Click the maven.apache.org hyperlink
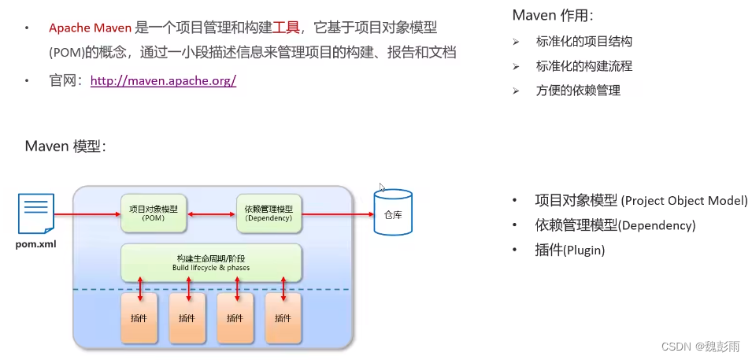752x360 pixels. [x=163, y=80]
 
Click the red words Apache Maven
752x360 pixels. [x=90, y=28]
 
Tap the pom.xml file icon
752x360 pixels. [x=35, y=215]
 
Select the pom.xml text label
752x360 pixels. [x=35, y=244]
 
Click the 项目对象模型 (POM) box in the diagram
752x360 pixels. [x=153, y=213]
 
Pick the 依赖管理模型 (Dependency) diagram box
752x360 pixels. [x=269, y=213]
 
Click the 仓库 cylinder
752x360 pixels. [x=393, y=212]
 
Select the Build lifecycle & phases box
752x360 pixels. [x=211, y=262]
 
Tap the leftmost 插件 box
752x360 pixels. [x=139, y=318]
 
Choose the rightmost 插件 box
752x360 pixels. [x=283, y=318]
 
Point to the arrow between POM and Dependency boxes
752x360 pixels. [x=210, y=213]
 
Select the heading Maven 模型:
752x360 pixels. [x=65, y=147]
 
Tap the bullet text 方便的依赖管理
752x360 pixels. [x=578, y=91]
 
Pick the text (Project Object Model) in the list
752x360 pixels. [x=684, y=200]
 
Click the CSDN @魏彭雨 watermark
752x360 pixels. [x=701, y=347]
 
